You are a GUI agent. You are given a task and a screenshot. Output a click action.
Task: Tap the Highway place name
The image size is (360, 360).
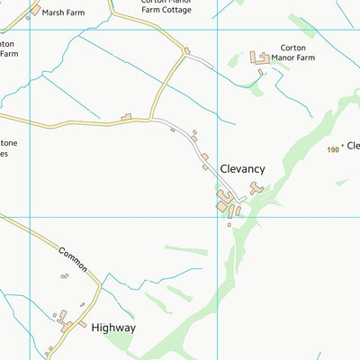(x=113, y=328)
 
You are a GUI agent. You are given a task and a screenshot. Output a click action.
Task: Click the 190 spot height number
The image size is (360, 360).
(x=333, y=149)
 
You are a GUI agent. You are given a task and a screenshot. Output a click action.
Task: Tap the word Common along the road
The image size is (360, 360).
(x=72, y=260)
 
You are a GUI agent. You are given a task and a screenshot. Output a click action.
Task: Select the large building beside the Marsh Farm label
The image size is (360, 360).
(x=35, y=10)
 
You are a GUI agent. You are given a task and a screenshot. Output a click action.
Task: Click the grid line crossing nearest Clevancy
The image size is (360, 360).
(x=217, y=216)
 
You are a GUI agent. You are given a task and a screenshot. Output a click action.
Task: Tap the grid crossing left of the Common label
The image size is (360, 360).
(x=30, y=216)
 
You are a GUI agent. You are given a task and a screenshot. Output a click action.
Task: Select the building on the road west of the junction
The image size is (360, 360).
(x=127, y=116)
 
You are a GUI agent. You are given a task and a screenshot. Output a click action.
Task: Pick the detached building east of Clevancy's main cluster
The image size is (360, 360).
(x=256, y=188)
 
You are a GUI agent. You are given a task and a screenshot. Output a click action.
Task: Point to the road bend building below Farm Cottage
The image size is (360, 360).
(x=186, y=51)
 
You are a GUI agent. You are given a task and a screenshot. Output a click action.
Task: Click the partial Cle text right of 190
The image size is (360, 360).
(x=353, y=145)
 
